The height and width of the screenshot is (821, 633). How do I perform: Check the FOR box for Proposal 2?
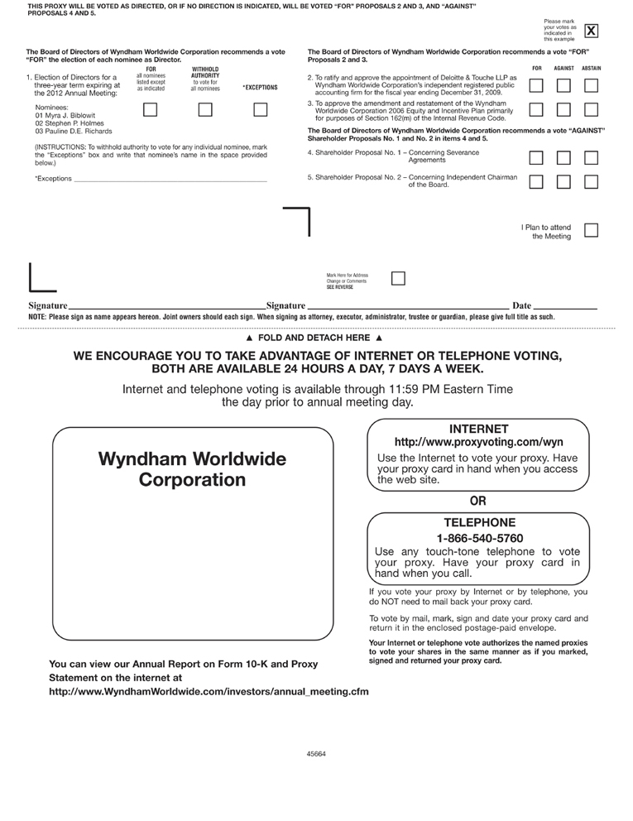point(536,84)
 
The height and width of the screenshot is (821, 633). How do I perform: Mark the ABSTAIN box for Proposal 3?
point(591,109)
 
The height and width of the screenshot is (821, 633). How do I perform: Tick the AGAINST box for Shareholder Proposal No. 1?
point(563,157)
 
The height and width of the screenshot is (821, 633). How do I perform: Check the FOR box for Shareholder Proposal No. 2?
point(536,182)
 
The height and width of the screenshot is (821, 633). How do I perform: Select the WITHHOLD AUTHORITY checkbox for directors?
point(205,109)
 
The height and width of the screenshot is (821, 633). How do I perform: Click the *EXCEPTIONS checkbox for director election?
point(260,109)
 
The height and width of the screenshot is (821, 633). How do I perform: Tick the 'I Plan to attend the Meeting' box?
point(591,230)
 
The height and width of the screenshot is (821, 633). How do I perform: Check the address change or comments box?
point(398,278)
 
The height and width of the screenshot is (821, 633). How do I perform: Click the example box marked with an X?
point(591,31)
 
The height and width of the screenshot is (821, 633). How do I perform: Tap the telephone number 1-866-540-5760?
point(479,538)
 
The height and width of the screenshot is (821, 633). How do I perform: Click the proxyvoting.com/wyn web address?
point(479,443)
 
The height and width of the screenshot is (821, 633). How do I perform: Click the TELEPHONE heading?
point(479,522)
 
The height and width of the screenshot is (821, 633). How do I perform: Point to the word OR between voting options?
point(478,500)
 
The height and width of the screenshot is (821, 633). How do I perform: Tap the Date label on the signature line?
point(522,306)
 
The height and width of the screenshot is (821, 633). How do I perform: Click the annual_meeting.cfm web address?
point(209,690)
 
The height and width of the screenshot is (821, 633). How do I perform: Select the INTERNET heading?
point(479,428)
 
